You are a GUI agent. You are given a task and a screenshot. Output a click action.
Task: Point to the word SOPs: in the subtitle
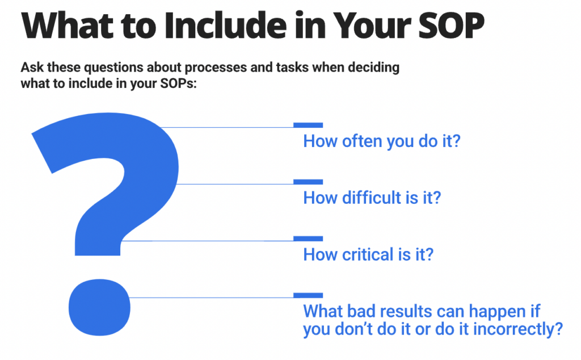(178, 83)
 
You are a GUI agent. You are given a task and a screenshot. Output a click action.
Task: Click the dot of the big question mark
(99, 307)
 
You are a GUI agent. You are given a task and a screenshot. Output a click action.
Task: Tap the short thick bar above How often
(308, 125)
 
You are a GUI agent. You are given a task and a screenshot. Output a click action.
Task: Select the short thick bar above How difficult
(308, 182)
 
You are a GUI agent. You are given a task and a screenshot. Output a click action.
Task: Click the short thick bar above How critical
(308, 238)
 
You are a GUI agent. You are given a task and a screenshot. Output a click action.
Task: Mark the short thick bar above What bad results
(308, 295)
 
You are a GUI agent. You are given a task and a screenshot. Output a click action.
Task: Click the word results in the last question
(402, 311)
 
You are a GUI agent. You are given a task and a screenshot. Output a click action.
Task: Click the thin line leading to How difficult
(235, 184)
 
